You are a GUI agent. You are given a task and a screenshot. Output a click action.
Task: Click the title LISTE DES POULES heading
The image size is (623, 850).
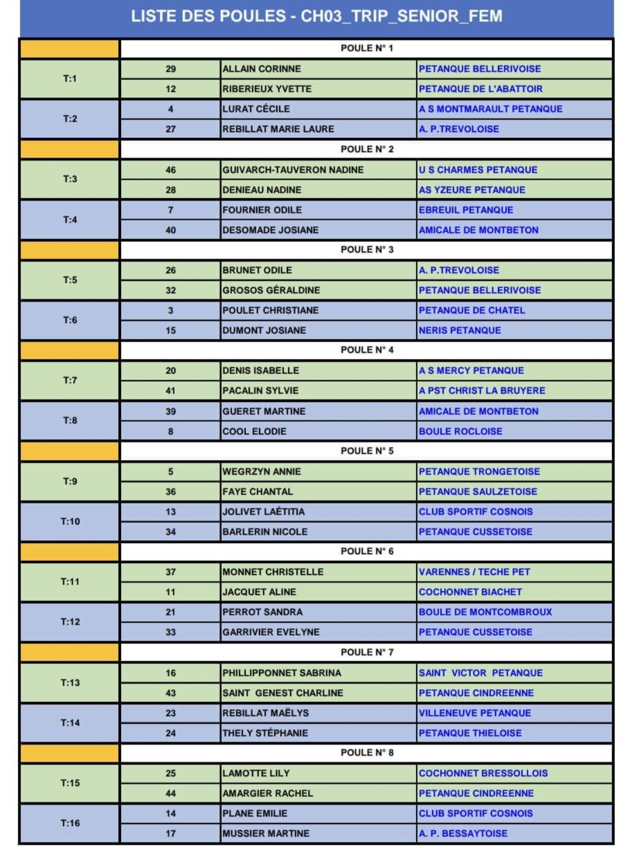316,16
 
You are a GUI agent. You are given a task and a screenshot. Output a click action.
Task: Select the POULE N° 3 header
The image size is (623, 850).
367,250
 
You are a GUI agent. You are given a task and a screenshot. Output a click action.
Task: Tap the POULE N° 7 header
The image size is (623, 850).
367,652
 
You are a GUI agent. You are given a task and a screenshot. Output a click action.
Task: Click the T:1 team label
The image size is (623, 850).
70,78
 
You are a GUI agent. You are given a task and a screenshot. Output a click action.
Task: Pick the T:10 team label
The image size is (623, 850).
70,521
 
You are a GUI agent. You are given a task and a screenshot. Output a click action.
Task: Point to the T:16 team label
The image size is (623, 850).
70,823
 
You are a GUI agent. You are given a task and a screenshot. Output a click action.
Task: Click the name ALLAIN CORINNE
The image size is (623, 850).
262,69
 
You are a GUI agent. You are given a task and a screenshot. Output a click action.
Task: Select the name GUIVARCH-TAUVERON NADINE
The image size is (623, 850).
293,170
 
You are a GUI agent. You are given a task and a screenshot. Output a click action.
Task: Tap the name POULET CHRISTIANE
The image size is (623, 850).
271,310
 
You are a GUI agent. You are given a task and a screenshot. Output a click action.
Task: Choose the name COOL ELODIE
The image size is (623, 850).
254,431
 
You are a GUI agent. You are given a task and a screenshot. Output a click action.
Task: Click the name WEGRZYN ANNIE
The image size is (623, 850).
262,472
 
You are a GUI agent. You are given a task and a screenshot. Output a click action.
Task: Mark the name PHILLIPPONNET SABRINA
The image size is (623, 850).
282,673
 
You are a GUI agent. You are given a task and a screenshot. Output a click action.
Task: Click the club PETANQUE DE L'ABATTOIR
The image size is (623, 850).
481,89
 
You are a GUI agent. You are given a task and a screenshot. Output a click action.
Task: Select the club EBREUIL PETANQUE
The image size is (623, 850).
466,210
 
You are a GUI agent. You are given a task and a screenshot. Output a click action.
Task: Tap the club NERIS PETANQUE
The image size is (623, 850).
460,330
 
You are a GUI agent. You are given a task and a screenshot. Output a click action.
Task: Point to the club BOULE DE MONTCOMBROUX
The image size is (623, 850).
485,612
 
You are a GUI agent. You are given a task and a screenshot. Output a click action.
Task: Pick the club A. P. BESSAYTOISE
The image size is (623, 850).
463,833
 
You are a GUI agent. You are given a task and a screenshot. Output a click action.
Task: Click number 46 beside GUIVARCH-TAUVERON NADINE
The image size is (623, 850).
171,170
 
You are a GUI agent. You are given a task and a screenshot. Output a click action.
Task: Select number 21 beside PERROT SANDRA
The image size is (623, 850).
171,612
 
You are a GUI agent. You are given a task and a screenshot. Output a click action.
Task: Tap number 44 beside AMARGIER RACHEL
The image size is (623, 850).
171,793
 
